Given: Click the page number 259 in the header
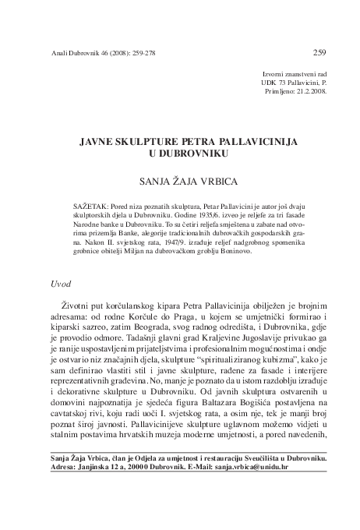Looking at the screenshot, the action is [x=319, y=53].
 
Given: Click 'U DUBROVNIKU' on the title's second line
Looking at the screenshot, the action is [x=181, y=156].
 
